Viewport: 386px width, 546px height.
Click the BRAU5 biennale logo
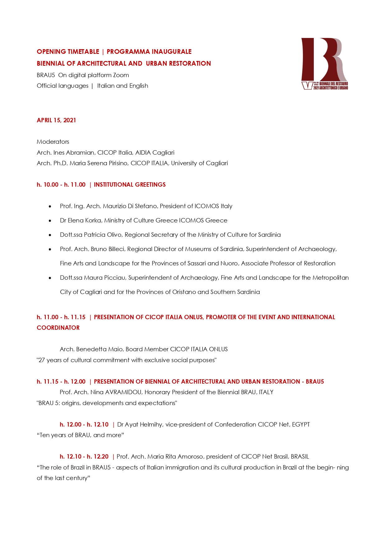(x=324, y=64)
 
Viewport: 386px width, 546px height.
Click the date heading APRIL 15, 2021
(x=56, y=120)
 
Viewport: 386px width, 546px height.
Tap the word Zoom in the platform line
(x=121, y=75)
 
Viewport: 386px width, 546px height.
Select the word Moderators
(x=53, y=142)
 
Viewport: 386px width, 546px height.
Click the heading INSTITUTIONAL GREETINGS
(x=130, y=185)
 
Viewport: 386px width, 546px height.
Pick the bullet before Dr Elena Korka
(x=50, y=221)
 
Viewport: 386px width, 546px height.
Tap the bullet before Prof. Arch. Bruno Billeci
(x=50, y=250)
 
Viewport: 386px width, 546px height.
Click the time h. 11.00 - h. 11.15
(x=61, y=317)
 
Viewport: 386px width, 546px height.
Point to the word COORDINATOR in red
(x=58, y=328)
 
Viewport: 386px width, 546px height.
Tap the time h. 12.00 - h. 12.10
(x=84, y=425)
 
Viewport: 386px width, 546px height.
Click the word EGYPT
(x=301, y=425)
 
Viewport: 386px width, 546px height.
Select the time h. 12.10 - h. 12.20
(x=84, y=457)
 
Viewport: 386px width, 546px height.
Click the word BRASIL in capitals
(x=300, y=457)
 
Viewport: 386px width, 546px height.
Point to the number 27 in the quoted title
(x=42, y=360)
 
